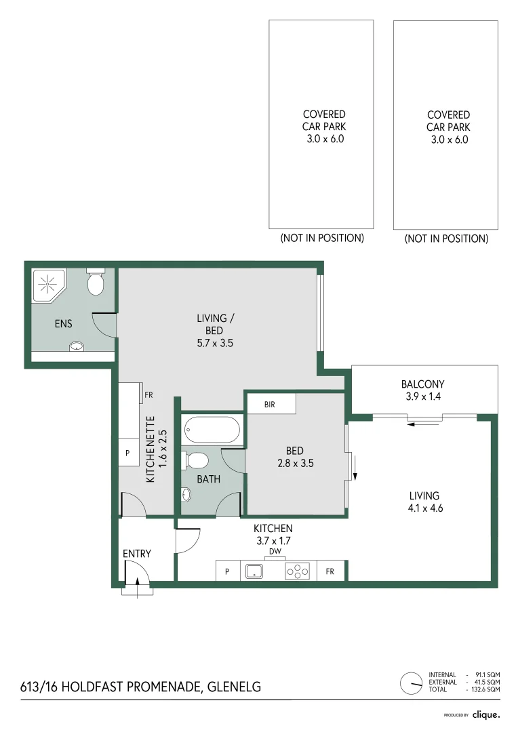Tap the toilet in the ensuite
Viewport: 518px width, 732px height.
[96, 283]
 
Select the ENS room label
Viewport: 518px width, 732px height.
[63, 324]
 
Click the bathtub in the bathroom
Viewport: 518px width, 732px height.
[212, 429]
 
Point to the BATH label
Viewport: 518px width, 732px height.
[208, 479]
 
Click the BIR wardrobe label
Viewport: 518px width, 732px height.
[271, 405]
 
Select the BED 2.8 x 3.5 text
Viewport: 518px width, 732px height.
[294, 457]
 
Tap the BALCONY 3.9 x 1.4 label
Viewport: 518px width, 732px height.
[422, 390]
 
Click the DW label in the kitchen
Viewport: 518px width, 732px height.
[275, 551]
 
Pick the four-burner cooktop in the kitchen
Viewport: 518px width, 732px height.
[298, 571]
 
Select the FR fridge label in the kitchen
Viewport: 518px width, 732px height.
[330, 572]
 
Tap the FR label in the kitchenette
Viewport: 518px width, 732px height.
[148, 394]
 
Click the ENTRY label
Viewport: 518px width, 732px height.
[136, 554]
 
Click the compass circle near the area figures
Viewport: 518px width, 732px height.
[410, 683]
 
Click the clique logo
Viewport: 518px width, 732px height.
[486, 714]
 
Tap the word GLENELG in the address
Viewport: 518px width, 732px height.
[232, 687]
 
